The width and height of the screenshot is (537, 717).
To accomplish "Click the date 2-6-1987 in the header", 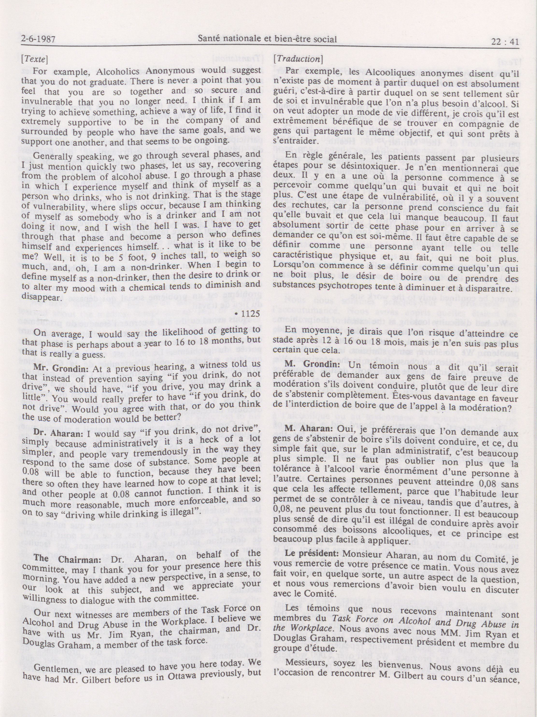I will point(37,40).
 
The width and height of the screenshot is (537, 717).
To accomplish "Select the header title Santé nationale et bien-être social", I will point(267,39).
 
